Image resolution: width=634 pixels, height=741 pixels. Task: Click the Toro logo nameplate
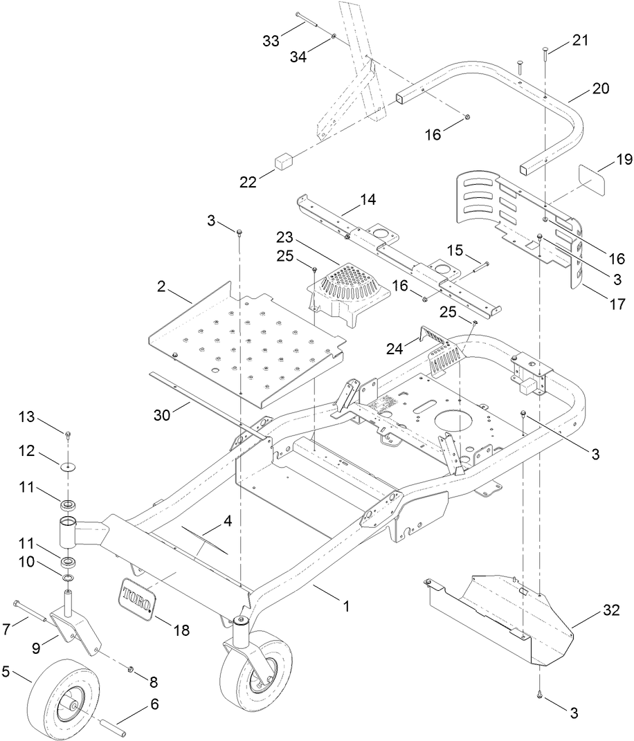pos(136,596)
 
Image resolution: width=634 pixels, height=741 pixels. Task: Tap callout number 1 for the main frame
pos(346,606)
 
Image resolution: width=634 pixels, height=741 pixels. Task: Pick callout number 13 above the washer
pos(26,417)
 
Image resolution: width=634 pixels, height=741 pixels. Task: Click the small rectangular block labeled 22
pos(282,163)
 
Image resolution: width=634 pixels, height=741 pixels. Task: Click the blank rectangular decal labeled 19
pos(590,181)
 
